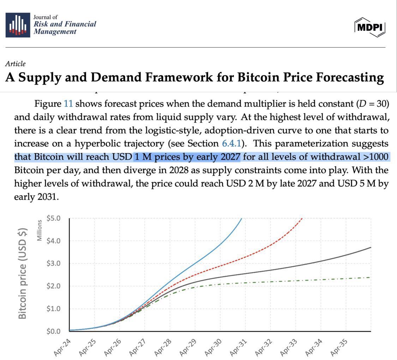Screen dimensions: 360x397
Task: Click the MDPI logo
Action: click(370, 27)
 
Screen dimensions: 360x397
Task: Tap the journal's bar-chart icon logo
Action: click(18, 25)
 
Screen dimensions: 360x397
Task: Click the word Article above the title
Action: click(15, 64)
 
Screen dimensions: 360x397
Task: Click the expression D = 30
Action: click(372, 104)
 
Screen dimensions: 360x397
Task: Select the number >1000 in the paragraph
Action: click(375, 157)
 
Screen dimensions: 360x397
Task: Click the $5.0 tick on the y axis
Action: click(54, 218)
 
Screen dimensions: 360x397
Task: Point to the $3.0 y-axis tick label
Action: click(54, 263)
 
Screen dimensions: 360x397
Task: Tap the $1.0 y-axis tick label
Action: click(54, 308)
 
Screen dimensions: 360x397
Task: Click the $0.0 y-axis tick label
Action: click(54, 331)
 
